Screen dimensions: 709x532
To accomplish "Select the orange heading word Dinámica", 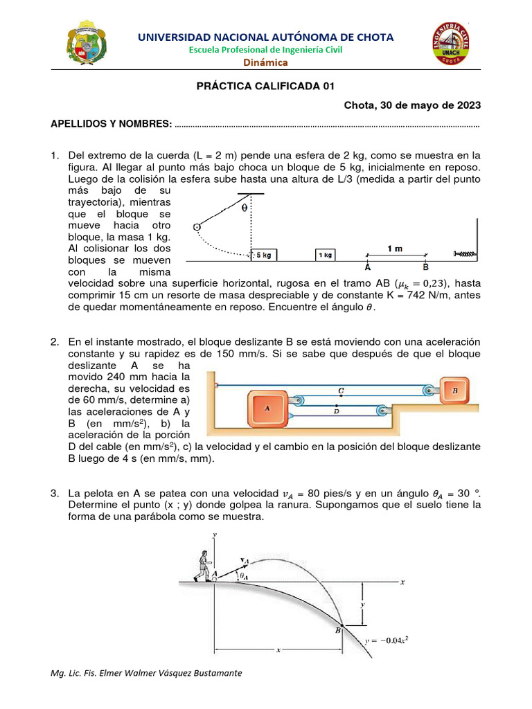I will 265,63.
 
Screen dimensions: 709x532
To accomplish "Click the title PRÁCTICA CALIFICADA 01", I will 265,86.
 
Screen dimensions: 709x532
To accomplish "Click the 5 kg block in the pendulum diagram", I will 264,255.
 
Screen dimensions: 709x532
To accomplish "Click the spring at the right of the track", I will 464,255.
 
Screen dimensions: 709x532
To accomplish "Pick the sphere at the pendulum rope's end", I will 196,227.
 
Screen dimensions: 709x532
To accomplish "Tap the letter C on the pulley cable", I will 341,391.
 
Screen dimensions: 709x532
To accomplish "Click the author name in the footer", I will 147,673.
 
